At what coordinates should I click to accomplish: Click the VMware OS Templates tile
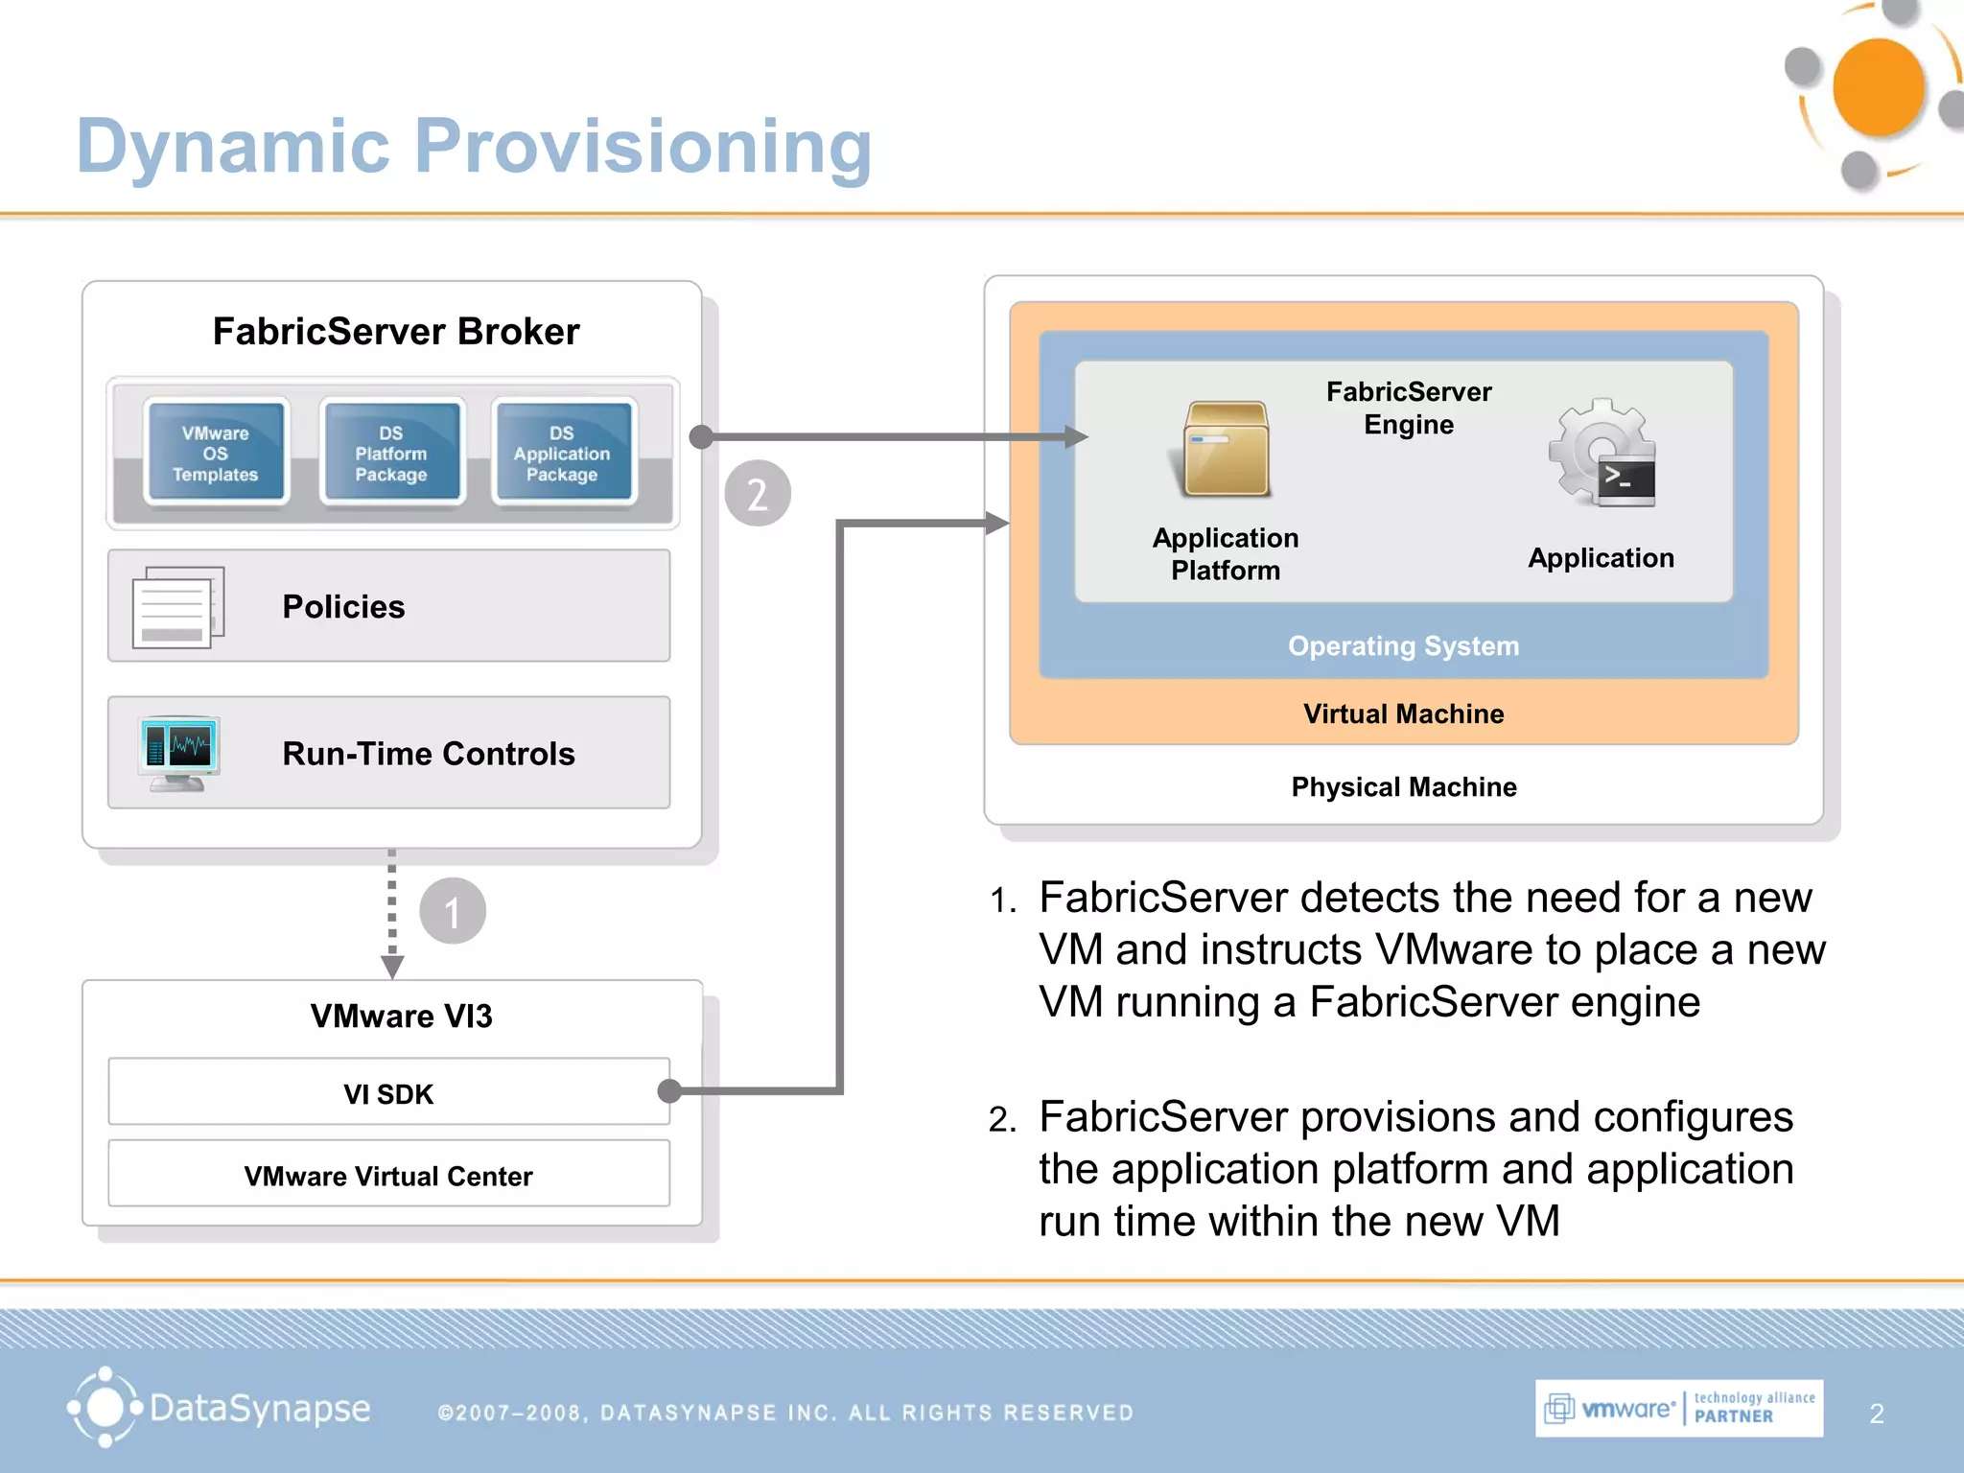tap(216, 453)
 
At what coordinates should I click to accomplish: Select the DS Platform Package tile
tap(391, 453)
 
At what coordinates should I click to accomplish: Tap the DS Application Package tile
tap(562, 453)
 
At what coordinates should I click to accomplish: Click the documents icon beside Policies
tap(177, 607)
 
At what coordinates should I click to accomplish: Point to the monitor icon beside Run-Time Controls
tap(178, 752)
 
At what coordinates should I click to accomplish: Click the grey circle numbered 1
tap(453, 911)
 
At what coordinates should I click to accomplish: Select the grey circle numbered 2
tap(758, 494)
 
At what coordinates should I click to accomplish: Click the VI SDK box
tap(388, 1093)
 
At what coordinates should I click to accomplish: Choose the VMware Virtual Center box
tap(388, 1175)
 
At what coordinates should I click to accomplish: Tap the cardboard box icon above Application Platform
tap(1225, 449)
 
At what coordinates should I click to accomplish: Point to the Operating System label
tap(1403, 645)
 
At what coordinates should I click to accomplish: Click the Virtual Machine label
tap(1403, 713)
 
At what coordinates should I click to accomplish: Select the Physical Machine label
tap(1403, 786)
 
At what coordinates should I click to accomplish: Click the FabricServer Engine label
tap(1409, 408)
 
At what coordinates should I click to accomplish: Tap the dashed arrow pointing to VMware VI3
tap(391, 911)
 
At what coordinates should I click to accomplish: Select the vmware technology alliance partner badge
tap(1678, 1408)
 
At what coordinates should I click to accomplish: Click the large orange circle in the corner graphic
tap(1878, 88)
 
